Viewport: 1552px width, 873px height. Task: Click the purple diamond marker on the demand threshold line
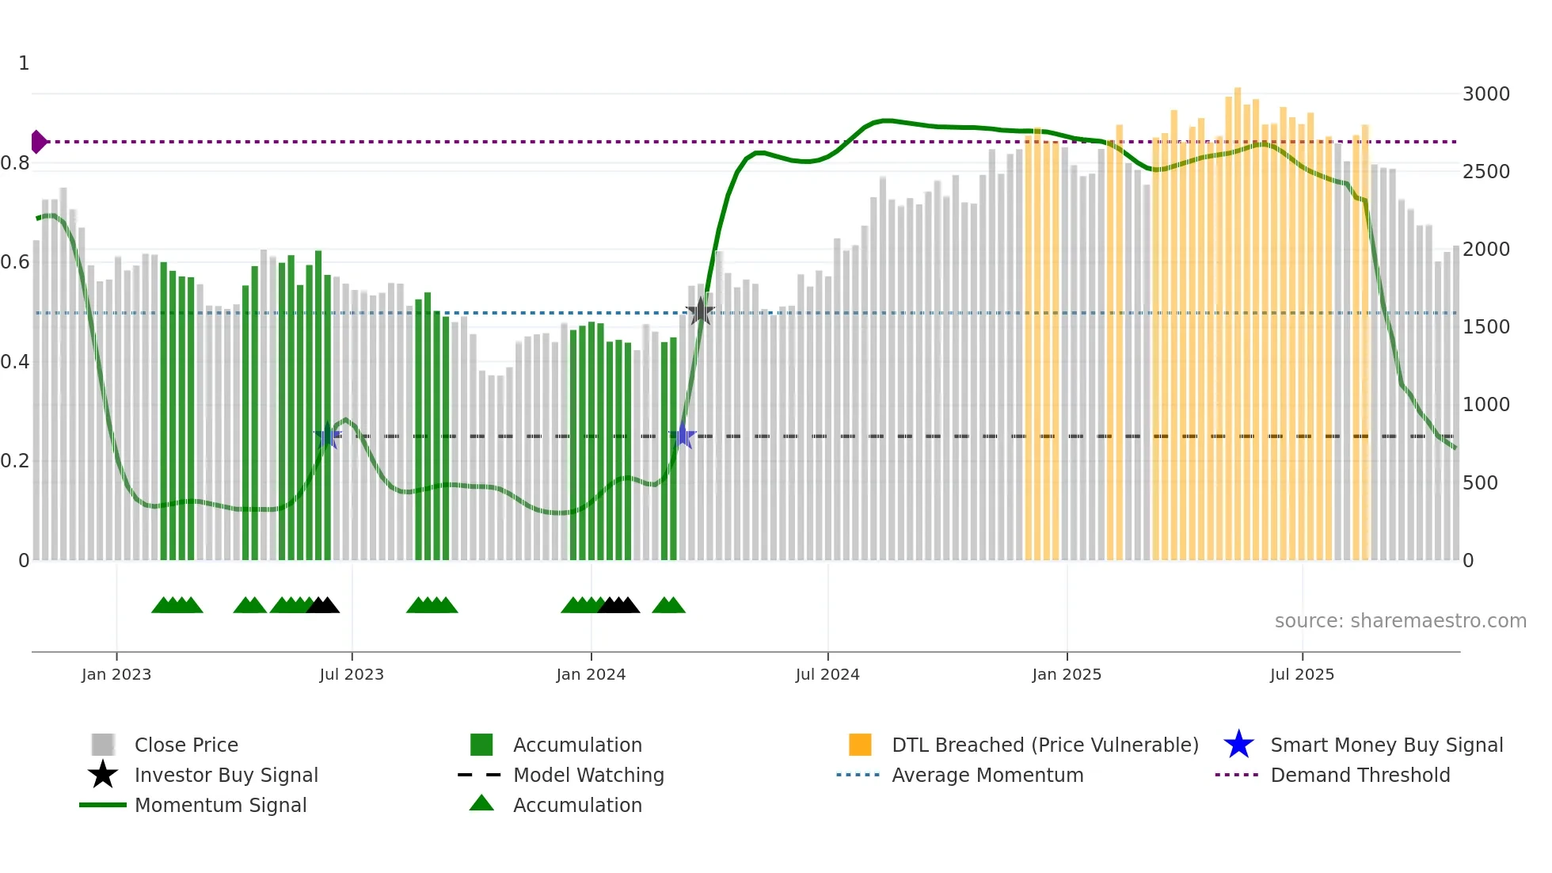(38, 142)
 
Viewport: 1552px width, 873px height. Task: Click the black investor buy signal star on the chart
(700, 312)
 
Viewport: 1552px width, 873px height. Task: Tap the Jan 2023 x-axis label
(116, 674)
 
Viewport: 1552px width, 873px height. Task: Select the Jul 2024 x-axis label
(827, 674)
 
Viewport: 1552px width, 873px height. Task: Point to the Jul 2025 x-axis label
(1302, 674)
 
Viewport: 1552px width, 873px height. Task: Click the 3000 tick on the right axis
(1485, 94)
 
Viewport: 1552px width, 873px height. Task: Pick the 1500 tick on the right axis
(1485, 327)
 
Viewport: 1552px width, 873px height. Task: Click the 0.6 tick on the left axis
(16, 262)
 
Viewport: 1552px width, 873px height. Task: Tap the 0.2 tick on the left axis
(16, 461)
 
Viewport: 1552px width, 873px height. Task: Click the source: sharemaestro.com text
(1400, 621)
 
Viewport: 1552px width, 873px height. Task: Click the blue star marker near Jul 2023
(327, 436)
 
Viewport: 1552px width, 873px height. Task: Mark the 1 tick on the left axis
(24, 63)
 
